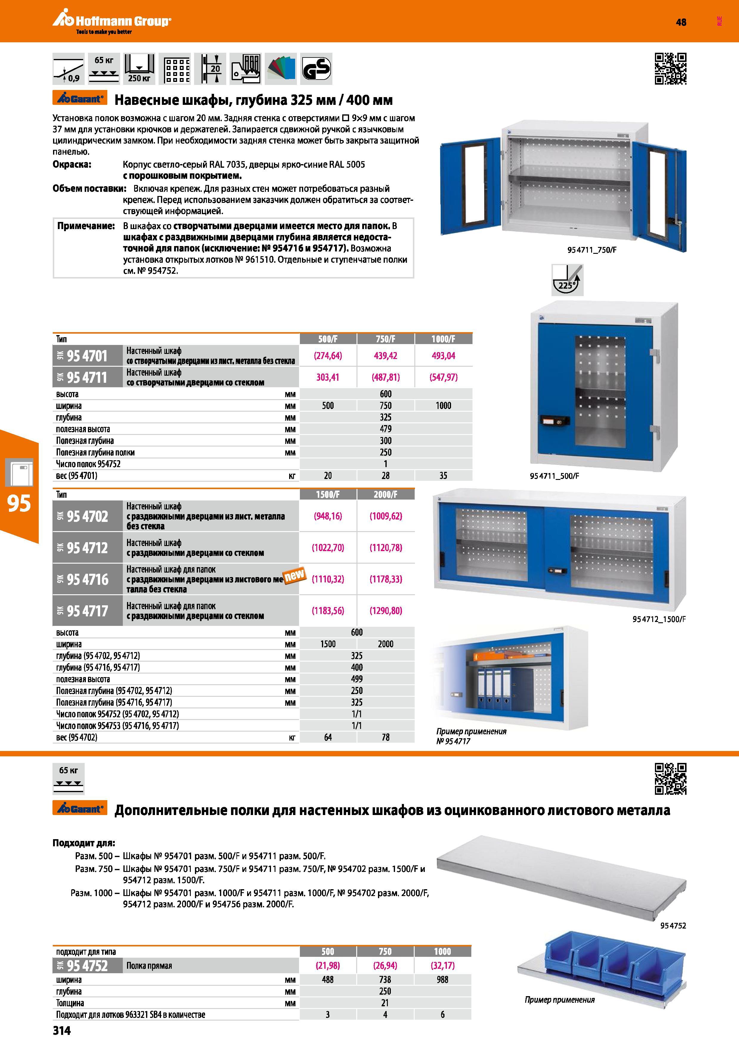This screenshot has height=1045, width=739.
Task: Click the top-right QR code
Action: [x=670, y=69]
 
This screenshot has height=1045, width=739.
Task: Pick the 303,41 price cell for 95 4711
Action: [x=328, y=377]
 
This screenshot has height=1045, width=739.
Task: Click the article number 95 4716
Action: [x=87, y=579]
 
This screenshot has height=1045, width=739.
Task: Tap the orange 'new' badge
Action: [x=295, y=576]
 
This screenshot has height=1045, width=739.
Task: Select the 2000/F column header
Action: [x=386, y=494]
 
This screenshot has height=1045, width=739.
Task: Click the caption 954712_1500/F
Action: [x=659, y=619]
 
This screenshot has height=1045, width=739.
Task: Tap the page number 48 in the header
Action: [x=681, y=22]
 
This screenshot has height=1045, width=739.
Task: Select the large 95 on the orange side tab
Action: [x=19, y=503]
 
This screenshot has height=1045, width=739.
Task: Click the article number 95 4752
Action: [x=87, y=965]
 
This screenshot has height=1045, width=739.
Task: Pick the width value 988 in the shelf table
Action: [x=443, y=979]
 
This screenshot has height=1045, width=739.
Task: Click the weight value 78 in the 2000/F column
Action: [x=386, y=737]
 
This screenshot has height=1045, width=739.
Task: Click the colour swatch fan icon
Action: [x=281, y=69]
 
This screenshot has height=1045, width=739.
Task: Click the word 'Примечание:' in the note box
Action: [x=86, y=226]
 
